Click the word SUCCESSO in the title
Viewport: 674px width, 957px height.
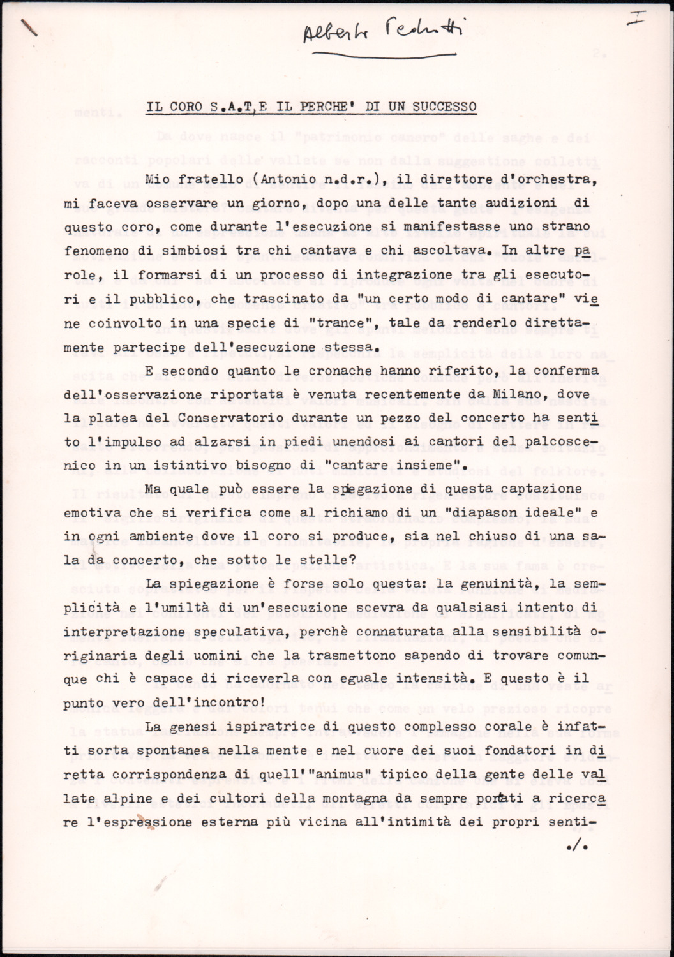pos(445,107)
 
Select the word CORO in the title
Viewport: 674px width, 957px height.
pos(185,107)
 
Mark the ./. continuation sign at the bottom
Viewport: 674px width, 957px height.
pos(576,847)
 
